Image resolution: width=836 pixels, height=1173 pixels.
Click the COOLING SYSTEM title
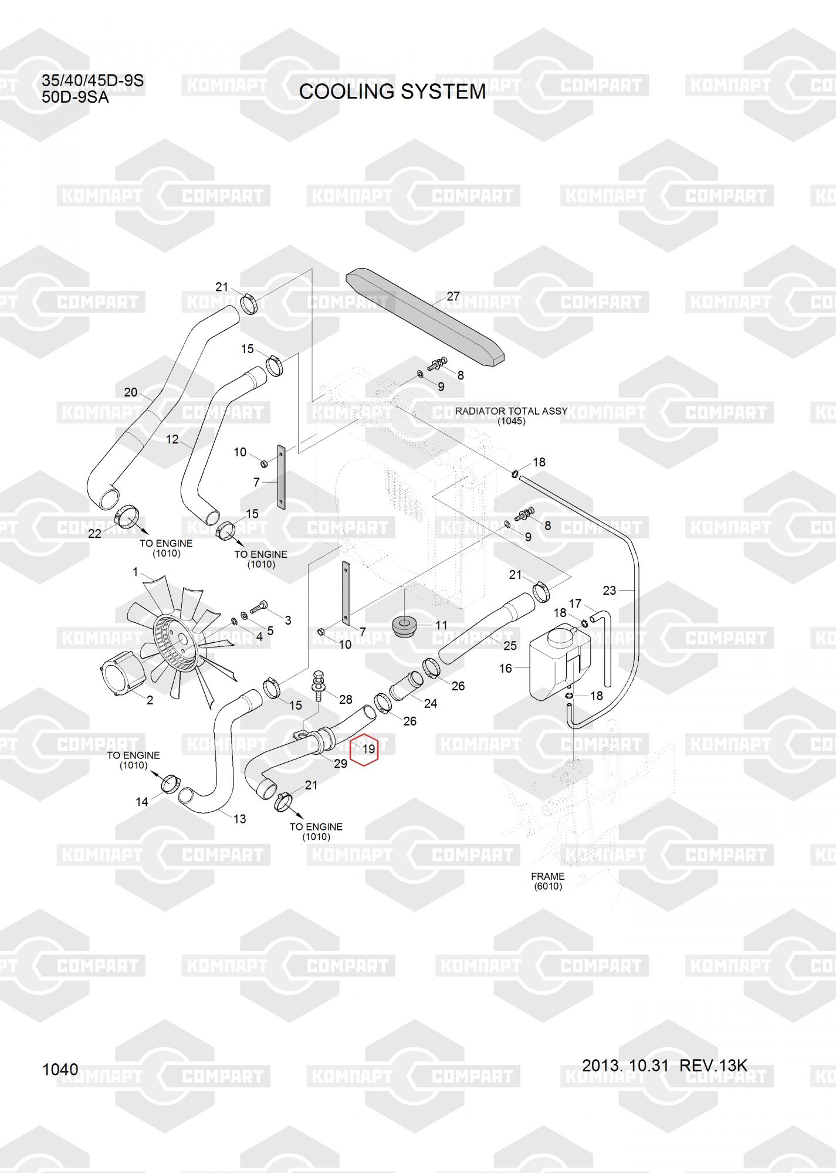[x=392, y=91]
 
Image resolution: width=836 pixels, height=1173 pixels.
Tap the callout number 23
[x=609, y=590]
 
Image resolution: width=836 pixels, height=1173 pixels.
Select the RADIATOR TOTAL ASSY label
[x=511, y=411]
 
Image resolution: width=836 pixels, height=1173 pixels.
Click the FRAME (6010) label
[x=547, y=881]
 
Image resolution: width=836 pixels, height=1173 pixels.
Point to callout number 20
[x=130, y=392]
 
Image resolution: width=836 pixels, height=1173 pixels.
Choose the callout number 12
[x=172, y=439]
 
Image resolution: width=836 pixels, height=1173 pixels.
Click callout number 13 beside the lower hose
[x=239, y=819]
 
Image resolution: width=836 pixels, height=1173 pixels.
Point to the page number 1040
[x=60, y=1070]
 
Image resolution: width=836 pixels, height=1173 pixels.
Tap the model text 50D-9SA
[x=75, y=97]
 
